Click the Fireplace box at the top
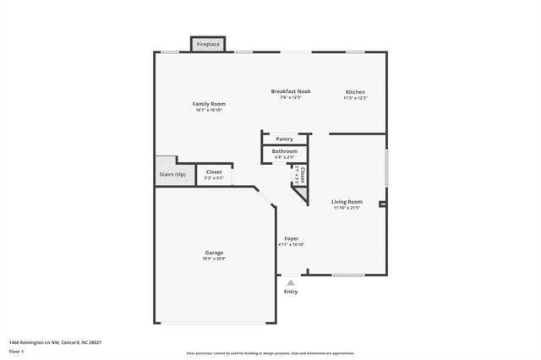[208, 44]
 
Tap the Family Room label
[210, 104]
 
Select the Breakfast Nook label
[291, 91]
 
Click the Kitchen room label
[355, 91]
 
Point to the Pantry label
[285, 139]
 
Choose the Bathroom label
[284, 151]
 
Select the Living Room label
[347, 202]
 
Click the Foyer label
[291, 238]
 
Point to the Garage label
[214, 253]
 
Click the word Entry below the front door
[291, 292]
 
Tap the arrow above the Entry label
[291, 281]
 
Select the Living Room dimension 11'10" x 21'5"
[347, 208]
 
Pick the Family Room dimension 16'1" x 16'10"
[210, 110]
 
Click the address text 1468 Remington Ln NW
[43, 342]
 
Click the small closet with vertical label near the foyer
[298, 176]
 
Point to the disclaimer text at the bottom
[270, 352]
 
